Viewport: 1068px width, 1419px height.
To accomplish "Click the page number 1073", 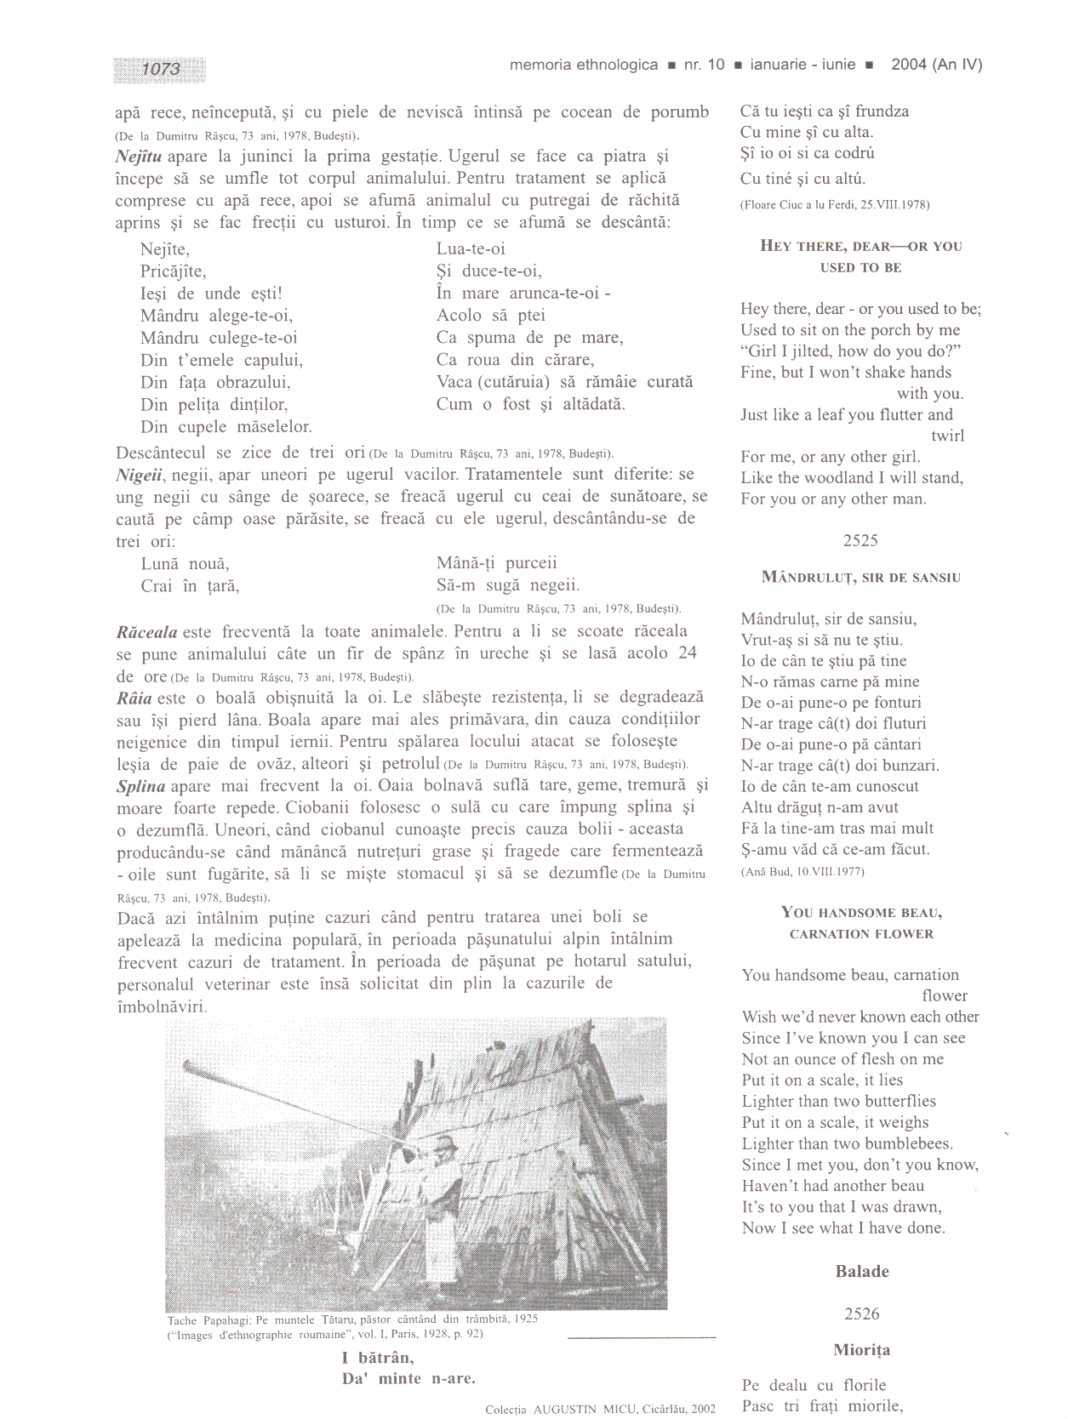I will pos(160,69).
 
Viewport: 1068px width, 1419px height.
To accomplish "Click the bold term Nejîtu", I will pos(139,157).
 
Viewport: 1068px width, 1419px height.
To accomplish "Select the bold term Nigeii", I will pos(140,475).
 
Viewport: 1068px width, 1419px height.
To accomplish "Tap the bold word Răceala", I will pos(146,632).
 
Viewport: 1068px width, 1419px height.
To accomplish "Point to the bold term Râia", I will pos(134,698).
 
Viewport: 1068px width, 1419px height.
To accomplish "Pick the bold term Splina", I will pos(140,786).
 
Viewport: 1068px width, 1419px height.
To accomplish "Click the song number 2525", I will pos(860,540).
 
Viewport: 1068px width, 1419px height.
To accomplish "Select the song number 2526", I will pos(861,1314).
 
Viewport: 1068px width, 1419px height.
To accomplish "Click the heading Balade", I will pos(862,1272).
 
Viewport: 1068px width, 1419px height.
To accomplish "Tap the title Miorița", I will pos(862,1350).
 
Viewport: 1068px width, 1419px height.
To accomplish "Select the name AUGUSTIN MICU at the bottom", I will pos(575,1410).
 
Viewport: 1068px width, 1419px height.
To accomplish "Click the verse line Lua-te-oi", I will pos(471,248).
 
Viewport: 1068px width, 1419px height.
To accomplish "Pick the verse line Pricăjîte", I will pos(173,271).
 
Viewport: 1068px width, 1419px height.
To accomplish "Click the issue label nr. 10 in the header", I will pos(704,65).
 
